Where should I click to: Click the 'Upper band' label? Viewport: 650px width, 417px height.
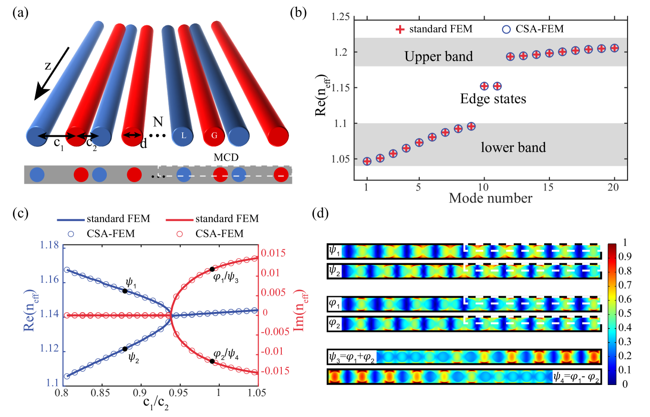[x=438, y=57]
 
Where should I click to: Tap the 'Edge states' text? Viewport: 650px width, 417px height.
[x=493, y=99]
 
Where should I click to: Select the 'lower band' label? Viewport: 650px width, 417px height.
[x=513, y=147]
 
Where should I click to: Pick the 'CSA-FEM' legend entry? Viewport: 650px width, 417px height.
[x=533, y=29]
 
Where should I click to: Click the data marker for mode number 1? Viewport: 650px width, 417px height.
[x=367, y=161]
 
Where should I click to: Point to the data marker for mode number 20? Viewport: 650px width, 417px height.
[x=614, y=48]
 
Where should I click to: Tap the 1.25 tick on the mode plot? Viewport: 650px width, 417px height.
[x=341, y=18]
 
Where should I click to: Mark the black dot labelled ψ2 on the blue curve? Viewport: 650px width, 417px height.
[x=125, y=349]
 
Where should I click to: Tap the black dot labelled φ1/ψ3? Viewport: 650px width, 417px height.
[x=212, y=269]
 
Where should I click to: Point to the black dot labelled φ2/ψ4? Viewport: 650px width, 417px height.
[x=212, y=361]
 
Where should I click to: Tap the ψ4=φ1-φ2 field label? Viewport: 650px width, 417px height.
[x=576, y=377]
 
